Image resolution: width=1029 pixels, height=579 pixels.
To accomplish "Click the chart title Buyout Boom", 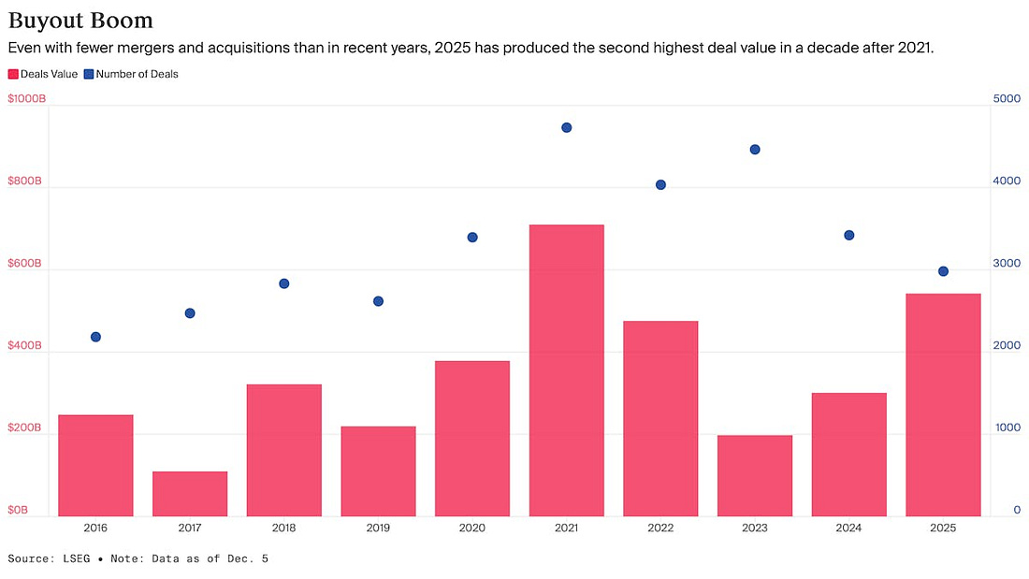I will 80,20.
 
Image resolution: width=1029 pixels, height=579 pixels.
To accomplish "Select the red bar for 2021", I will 566,369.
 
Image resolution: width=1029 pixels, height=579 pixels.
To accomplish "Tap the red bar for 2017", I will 190,493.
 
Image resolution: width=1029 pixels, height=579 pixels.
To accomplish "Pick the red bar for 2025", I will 943,404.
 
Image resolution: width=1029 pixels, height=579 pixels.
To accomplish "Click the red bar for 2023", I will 755,475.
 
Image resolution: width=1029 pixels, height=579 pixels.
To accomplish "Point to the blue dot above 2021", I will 566,127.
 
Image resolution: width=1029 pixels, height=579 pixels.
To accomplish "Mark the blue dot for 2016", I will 95,337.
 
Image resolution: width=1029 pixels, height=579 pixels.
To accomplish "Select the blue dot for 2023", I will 755,150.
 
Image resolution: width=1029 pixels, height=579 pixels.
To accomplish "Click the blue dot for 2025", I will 943,271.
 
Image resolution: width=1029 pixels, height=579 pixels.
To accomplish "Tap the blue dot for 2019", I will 378,301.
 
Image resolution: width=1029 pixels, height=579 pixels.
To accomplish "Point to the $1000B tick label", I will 26,98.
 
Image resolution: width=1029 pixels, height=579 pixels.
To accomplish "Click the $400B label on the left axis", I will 24,345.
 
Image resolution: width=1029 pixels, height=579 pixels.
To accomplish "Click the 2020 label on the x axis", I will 472,528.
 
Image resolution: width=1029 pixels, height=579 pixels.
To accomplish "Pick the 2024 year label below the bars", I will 848,528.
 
